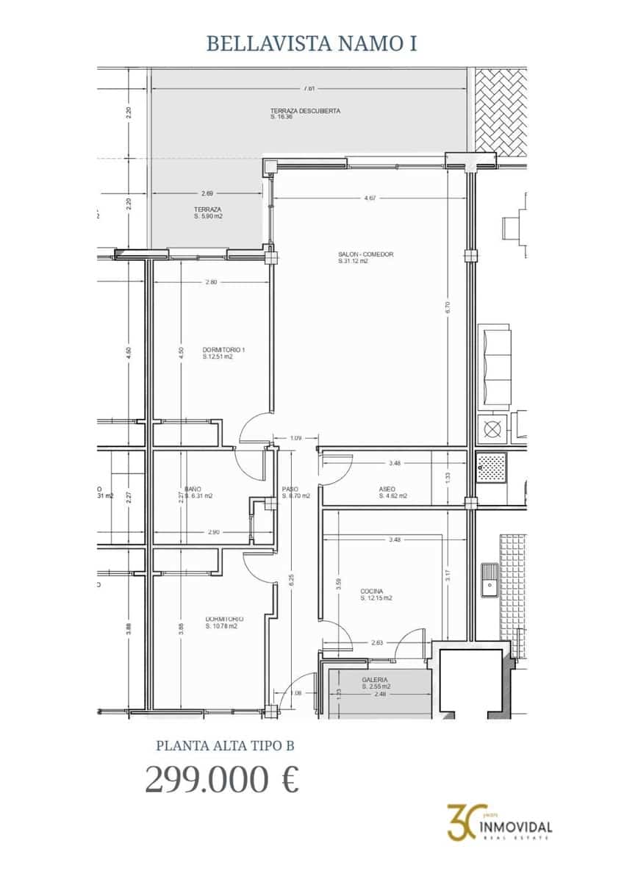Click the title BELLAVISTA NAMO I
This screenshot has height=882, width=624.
[312, 43]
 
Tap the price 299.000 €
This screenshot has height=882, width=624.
[222, 779]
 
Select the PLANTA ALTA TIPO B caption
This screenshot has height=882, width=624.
[226, 745]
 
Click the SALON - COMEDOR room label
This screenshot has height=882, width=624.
[366, 254]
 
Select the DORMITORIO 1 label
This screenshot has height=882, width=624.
[223, 350]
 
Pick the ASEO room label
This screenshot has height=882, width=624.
[387, 489]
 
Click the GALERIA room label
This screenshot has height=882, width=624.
[375, 681]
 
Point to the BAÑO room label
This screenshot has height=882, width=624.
[193, 489]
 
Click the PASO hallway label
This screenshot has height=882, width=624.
[290, 489]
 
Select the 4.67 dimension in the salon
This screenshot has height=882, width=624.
[370, 198]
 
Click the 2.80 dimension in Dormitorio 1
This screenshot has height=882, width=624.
[212, 282]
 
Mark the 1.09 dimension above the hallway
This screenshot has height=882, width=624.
[295, 439]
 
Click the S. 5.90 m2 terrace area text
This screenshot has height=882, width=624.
[208, 217]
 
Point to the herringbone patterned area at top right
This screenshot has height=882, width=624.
[501, 110]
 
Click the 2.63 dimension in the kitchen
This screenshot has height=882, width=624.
[377, 642]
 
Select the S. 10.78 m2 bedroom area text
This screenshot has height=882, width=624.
[221, 626]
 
